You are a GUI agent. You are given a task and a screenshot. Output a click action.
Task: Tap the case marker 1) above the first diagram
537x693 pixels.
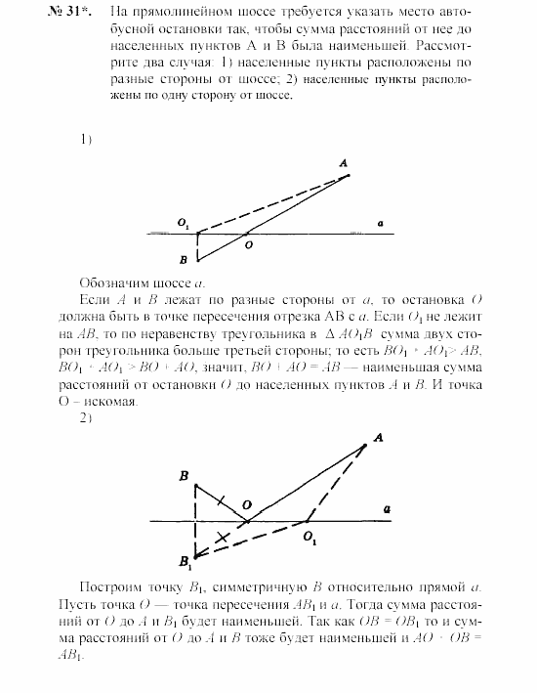point(86,139)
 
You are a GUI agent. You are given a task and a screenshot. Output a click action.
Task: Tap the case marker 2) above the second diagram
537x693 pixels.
point(86,418)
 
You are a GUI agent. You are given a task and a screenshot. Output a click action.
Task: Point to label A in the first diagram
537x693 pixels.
point(344,163)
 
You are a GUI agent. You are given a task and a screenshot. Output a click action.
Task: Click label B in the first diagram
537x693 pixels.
point(184,260)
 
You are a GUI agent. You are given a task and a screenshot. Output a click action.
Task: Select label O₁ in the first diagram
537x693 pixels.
point(183,224)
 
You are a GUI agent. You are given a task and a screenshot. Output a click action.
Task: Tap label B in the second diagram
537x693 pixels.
point(184,475)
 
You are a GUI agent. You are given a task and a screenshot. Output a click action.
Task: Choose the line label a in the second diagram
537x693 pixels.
point(388,509)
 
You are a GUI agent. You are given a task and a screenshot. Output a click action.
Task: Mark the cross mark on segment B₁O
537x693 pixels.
point(224,537)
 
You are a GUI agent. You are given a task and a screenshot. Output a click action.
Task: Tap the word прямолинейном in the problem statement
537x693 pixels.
point(162,14)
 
